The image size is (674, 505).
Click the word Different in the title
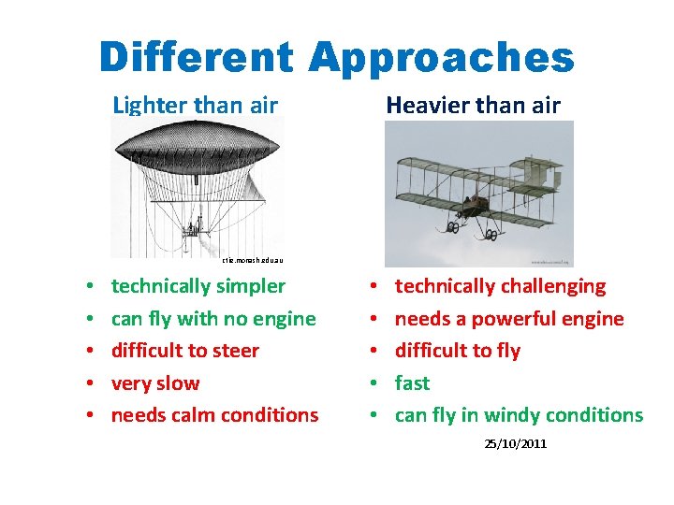point(198,57)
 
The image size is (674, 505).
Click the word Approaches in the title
point(440,57)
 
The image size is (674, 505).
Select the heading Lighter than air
point(195,105)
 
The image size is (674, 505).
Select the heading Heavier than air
point(473,105)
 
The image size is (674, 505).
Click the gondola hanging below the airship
point(196,226)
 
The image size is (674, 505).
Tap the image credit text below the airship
point(252,261)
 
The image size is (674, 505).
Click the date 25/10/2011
point(515,443)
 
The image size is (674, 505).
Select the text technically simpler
point(198,286)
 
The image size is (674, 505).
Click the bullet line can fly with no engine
point(213,319)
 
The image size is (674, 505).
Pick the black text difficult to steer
point(185,351)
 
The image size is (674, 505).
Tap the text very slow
point(155,383)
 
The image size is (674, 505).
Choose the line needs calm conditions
point(214,415)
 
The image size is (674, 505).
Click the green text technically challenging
point(500,286)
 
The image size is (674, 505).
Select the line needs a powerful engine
point(508,319)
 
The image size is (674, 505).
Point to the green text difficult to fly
point(457,351)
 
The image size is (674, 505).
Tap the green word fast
point(412,383)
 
